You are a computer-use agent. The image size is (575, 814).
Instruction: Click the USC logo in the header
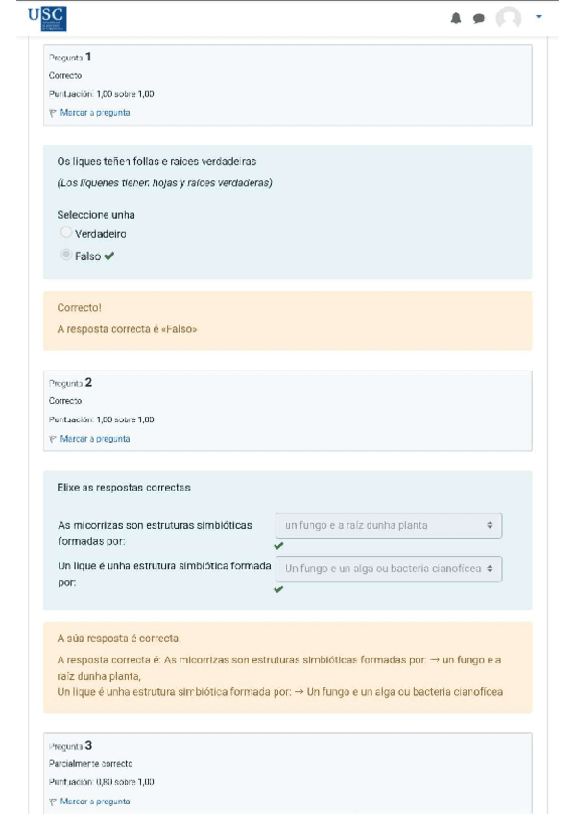[47, 17]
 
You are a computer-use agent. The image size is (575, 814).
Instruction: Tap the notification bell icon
[456, 18]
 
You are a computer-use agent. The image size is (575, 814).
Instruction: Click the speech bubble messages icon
[478, 18]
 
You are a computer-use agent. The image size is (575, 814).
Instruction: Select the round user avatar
[509, 18]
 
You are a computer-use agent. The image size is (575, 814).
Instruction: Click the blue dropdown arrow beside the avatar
[539, 17]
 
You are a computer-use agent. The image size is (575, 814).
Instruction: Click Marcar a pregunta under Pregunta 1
[94, 113]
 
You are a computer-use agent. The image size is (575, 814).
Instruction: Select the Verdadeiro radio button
[66, 233]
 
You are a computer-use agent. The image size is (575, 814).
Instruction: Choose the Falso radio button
[66, 255]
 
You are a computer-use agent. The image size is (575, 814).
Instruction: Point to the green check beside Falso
[109, 256]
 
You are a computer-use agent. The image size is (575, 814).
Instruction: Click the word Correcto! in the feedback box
[80, 309]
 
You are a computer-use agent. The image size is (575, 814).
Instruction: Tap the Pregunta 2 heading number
[88, 382]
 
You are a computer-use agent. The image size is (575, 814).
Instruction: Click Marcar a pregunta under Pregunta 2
[94, 439]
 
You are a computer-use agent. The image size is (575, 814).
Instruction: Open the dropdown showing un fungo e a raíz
[388, 525]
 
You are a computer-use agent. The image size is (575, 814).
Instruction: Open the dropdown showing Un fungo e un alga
[388, 569]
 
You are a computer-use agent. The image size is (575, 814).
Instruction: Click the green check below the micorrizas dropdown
[279, 546]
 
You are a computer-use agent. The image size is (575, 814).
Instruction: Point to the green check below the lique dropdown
[279, 589]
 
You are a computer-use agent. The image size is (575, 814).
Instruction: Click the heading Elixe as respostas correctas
[124, 488]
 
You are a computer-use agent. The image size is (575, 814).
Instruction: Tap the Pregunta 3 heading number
[88, 745]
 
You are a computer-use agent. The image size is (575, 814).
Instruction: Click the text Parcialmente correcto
[90, 764]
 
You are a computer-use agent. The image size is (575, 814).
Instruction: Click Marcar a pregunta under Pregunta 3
[94, 802]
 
